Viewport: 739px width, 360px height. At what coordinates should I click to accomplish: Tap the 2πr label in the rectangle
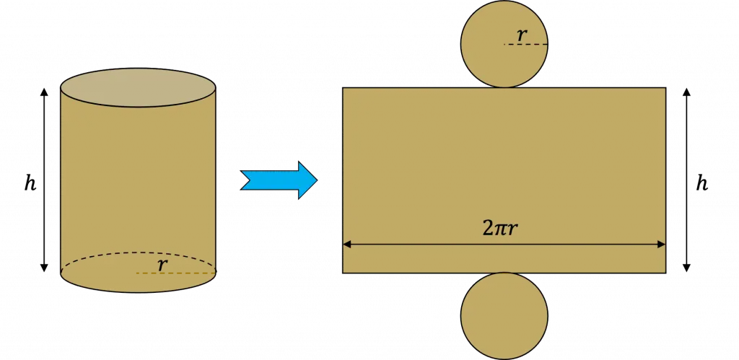point(504,229)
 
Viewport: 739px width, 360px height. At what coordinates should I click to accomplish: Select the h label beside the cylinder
point(30,183)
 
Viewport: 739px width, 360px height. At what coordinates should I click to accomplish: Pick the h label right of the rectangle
point(701,183)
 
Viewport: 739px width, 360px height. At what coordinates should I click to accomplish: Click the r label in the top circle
point(521,35)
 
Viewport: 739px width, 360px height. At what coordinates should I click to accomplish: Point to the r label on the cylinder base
point(162,265)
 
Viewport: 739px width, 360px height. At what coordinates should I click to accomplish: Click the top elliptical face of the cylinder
point(138,87)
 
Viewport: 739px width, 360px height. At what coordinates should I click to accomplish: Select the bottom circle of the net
point(504,316)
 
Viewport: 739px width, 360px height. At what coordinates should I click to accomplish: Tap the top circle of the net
point(504,44)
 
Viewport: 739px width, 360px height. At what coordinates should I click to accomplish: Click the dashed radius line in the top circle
point(525,44)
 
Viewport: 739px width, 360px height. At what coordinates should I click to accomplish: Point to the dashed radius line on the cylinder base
point(176,273)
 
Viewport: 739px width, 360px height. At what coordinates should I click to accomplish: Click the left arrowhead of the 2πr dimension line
point(347,245)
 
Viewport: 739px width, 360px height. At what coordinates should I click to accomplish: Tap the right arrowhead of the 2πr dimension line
point(661,245)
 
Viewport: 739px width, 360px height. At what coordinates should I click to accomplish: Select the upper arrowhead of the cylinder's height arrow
point(44,92)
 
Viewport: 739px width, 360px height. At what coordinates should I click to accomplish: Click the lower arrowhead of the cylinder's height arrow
point(44,268)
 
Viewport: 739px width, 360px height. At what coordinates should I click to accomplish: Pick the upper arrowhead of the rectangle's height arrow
point(687,92)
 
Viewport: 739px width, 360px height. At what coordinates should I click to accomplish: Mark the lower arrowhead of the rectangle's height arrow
point(687,268)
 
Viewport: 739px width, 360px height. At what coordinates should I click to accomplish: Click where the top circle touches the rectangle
point(504,87)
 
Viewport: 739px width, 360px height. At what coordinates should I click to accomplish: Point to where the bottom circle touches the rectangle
point(504,273)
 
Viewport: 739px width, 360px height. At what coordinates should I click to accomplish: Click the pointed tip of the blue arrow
point(318,180)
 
